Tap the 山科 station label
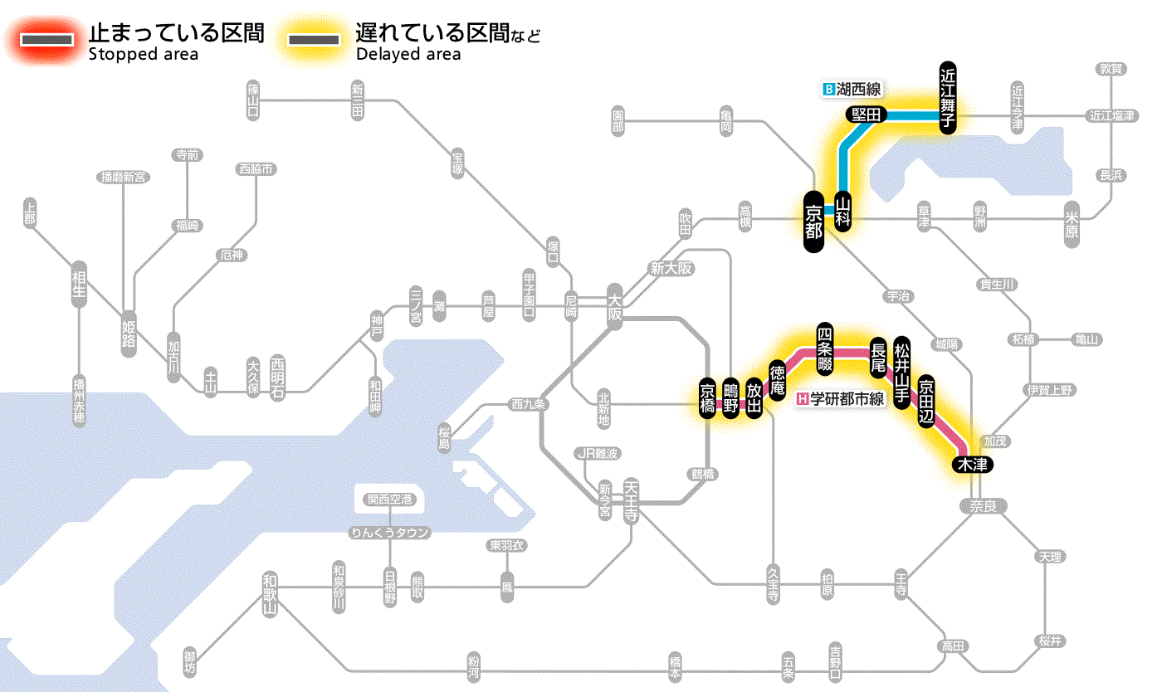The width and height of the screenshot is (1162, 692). click(843, 211)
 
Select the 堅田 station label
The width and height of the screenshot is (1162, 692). click(867, 115)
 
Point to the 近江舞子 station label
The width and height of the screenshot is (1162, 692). click(948, 98)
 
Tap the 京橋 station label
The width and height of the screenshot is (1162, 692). click(707, 399)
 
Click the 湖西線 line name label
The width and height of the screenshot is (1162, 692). click(853, 88)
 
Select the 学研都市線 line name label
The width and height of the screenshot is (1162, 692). click(841, 399)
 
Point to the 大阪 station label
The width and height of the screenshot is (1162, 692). click(615, 305)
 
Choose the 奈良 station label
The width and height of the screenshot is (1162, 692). click(983, 505)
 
